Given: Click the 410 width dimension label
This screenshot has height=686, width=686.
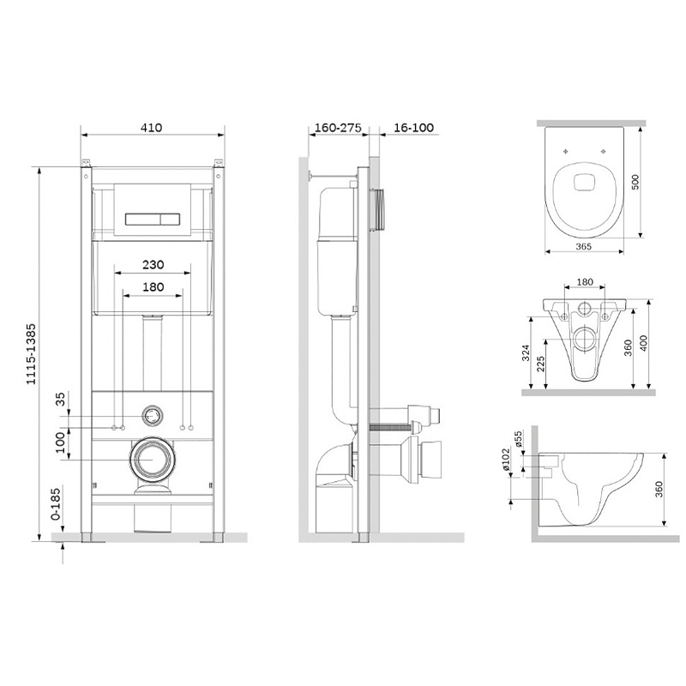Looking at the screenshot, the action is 152,128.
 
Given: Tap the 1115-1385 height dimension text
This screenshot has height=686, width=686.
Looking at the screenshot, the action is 31,354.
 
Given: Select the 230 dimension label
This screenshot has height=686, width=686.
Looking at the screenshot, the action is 153,265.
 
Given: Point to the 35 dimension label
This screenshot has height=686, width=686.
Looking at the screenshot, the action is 60,399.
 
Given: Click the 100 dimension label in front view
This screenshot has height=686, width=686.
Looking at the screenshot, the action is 60,442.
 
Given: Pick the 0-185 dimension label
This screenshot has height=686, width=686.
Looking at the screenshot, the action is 56,504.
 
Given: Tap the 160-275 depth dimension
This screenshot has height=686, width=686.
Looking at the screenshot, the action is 338,128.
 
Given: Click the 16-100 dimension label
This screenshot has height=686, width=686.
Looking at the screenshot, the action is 413,128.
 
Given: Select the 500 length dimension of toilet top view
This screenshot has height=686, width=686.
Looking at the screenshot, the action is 635,182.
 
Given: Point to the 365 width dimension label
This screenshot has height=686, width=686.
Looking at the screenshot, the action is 584,247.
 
